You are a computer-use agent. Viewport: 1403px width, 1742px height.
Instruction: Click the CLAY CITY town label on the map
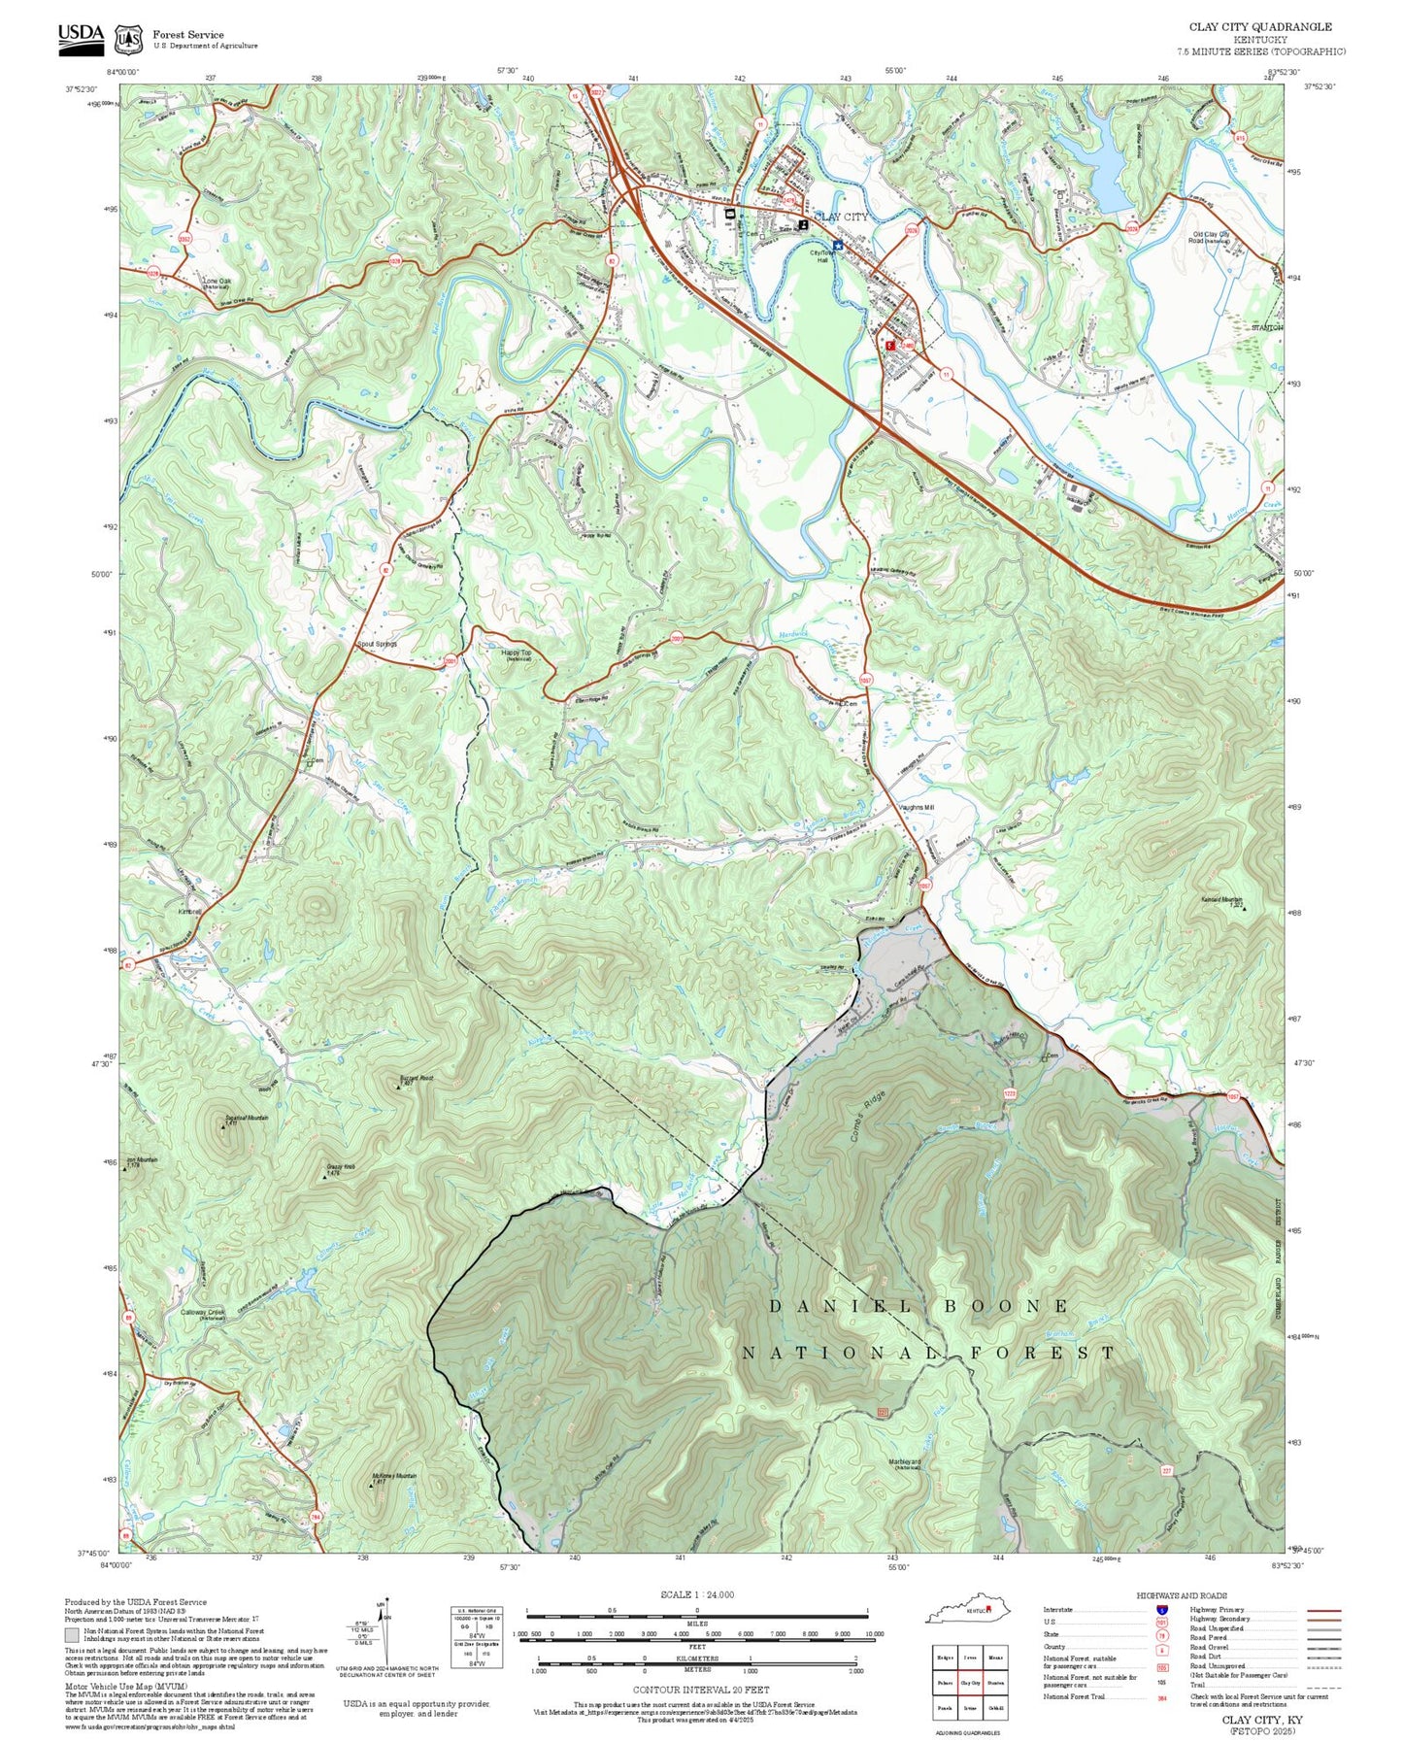coord(841,217)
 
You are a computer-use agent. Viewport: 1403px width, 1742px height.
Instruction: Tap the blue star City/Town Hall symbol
coord(837,246)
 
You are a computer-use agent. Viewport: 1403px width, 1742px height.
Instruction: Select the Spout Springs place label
coord(377,644)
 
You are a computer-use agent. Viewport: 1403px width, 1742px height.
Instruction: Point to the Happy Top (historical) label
coord(517,655)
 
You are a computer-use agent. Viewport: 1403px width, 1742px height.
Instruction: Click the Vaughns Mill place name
coord(916,807)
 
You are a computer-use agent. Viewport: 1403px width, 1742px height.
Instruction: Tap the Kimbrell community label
coord(190,912)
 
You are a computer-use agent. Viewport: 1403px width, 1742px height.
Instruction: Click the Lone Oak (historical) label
coord(217,284)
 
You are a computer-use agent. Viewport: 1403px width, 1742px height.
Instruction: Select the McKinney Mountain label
coord(393,1477)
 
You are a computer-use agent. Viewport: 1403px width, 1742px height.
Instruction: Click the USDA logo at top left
coord(81,35)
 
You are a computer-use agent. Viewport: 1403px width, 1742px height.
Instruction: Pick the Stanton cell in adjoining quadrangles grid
coord(994,1682)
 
